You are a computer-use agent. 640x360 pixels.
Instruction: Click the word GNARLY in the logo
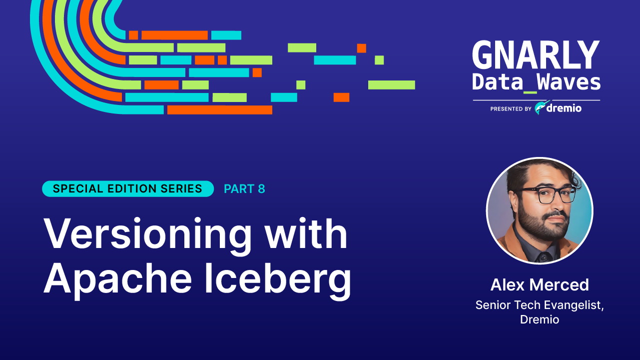point(536,55)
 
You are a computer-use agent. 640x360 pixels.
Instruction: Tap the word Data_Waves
point(536,82)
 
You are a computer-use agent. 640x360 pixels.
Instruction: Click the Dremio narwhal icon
point(541,107)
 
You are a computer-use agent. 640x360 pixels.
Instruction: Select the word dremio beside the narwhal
point(565,108)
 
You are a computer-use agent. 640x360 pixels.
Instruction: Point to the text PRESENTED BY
point(511,108)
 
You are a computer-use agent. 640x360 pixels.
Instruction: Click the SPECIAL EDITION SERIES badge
point(128,188)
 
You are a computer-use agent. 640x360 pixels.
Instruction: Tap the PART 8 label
point(244,189)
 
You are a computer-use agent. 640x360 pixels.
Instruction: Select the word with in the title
point(306,233)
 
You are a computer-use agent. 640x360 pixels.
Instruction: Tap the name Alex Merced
point(540,285)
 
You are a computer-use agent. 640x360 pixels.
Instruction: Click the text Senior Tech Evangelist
point(540,305)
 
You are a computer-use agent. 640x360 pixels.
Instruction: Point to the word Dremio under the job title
point(540,319)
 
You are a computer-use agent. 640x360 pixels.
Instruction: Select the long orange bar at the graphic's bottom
point(220,109)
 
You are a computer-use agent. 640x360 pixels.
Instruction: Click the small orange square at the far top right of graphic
point(362,48)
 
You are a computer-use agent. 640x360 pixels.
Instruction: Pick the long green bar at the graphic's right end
point(392,85)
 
